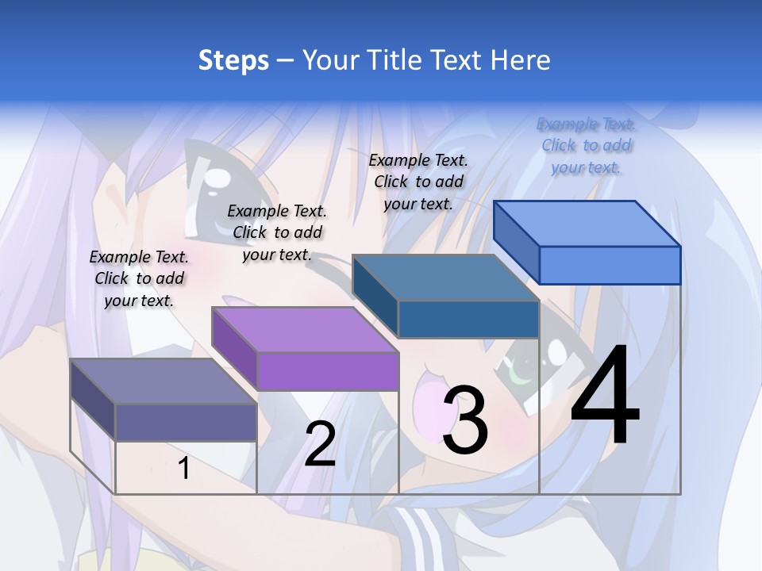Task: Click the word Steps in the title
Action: tap(233, 60)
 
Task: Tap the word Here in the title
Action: tap(519, 60)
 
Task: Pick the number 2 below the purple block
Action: tap(320, 443)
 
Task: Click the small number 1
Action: tap(184, 468)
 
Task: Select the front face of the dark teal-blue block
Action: tap(468, 320)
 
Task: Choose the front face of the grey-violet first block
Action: tap(186, 422)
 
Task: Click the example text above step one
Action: tap(139, 278)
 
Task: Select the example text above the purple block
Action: tap(277, 232)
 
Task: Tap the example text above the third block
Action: tap(418, 182)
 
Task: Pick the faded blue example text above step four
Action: tap(586, 145)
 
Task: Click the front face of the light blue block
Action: tap(610, 265)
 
